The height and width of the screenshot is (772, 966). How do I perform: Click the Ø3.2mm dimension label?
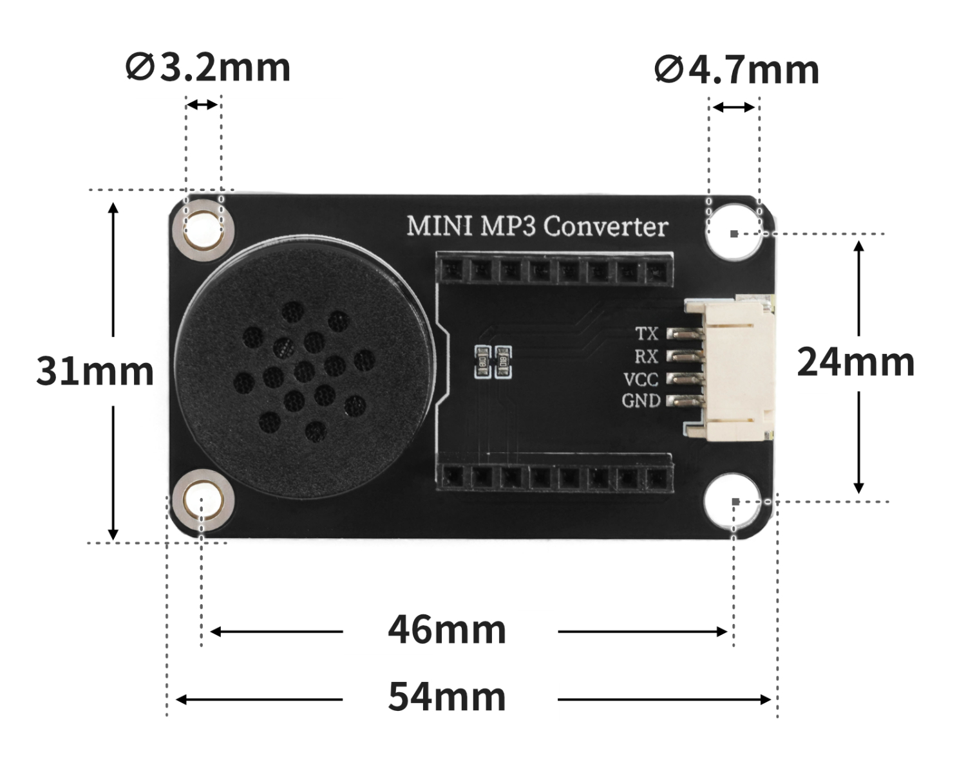point(208,68)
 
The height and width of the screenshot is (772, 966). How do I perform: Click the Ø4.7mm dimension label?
point(737,70)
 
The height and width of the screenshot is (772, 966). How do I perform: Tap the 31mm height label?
point(95,371)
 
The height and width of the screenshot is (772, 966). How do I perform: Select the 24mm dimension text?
point(856,362)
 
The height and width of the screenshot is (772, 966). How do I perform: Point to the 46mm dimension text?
point(447,630)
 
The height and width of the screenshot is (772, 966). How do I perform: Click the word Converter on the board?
point(605,226)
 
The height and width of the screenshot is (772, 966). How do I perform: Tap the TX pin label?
point(647,334)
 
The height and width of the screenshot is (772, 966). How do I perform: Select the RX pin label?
point(646,356)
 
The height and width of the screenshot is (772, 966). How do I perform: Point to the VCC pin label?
point(641,378)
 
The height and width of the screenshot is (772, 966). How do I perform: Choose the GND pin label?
point(641,401)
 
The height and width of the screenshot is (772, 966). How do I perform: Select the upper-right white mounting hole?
point(734,232)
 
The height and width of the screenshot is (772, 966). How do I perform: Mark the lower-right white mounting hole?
point(734,502)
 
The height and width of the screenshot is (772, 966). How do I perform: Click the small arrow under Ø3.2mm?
point(203,104)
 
